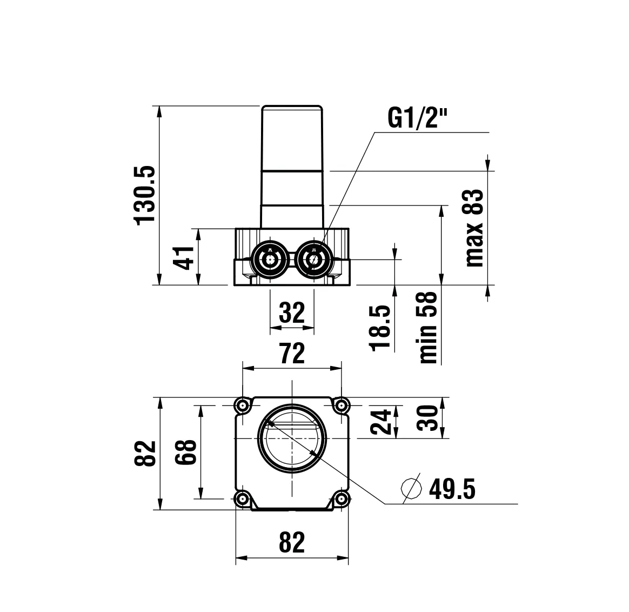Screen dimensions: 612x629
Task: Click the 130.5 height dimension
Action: pos(145,195)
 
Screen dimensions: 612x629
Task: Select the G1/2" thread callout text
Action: pos(418,117)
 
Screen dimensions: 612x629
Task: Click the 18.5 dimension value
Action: pos(381,328)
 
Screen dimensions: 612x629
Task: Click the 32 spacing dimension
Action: pos(292,312)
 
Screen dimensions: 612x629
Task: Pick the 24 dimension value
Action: pos(382,422)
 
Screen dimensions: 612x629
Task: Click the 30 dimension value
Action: pos(428,418)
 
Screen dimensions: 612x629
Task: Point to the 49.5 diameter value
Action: pos(452,490)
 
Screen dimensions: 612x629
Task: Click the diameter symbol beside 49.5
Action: pos(412,489)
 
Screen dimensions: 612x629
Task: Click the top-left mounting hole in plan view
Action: pos(242,405)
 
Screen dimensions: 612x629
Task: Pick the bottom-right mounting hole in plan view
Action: pos(340,498)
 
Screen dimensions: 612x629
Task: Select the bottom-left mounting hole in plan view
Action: pos(242,498)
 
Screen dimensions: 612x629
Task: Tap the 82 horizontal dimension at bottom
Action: pos(292,542)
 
